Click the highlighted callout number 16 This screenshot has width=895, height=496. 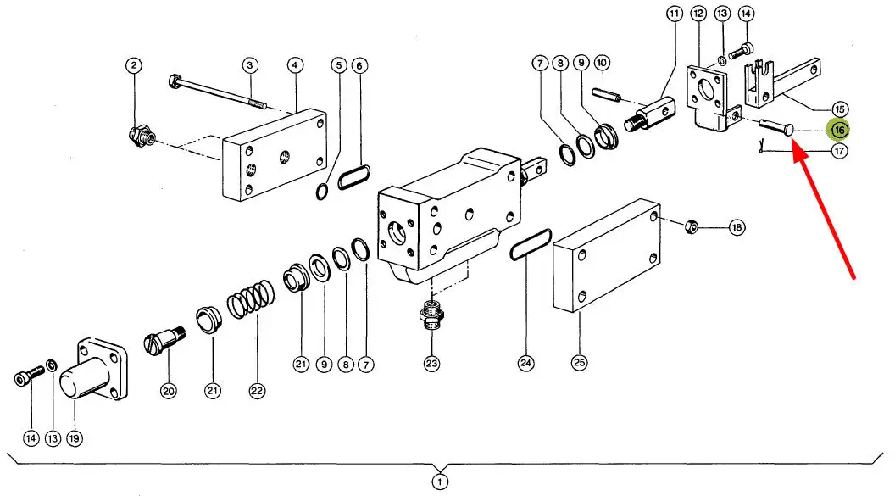click(839, 130)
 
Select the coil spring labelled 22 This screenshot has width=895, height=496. click(251, 299)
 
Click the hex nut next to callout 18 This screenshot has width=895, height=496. click(692, 226)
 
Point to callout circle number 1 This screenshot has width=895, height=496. click(440, 482)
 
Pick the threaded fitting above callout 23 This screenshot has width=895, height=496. click(431, 315)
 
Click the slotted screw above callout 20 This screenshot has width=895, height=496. click(164, 339)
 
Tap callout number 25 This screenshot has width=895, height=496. click(580, 362)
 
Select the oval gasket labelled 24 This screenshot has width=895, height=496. click(531, 244)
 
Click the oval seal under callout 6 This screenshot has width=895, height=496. click(354, 177)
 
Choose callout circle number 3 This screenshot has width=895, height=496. click(249, 65)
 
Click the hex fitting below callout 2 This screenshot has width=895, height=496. click(141, 137)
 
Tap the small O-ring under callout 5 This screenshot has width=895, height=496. click(322, 192)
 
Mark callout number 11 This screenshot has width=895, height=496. click(675, 14)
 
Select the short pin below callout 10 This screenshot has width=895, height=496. click(606, 95)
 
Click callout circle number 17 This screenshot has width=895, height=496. click(839, 151)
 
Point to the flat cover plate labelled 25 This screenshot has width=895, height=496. click(607, 255)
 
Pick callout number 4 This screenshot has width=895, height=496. click(295, 65)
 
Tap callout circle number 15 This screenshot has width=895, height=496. click(839, 109)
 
